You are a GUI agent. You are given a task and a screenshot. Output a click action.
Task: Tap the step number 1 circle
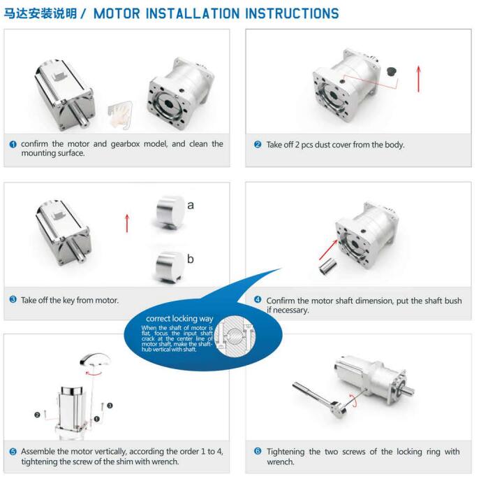pos(13,144)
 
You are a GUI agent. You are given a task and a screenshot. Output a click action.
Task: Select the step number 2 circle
pos(258,145)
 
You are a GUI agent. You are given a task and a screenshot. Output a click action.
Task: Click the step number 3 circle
pos(13,299)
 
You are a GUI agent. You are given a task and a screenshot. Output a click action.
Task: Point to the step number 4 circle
pos(258,300)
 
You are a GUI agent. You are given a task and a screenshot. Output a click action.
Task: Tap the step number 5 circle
pos(13,452)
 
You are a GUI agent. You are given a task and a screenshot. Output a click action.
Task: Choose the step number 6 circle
pos(258,452)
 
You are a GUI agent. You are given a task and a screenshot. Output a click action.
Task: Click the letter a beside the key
pos(191,205)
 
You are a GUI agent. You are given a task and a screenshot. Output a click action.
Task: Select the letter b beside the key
pos(190,259)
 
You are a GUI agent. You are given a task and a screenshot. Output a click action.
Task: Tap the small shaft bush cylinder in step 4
pos(327,267)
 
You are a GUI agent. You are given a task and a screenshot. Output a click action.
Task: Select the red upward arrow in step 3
pos(127,222)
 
